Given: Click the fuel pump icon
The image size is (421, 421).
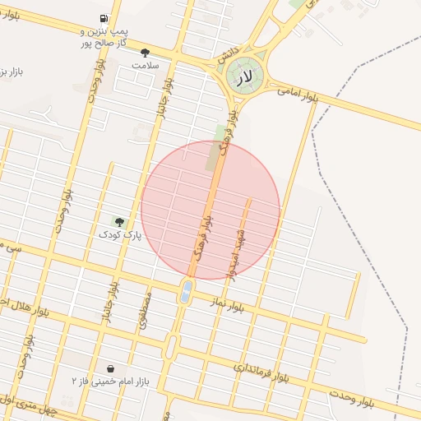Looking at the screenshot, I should (103, 18).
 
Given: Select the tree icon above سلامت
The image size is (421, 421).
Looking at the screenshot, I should (145, 53).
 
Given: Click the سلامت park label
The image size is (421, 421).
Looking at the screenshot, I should (145, 64).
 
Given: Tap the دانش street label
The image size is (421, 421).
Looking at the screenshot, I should (228, 50).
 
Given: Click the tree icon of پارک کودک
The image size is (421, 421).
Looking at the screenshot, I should (118, 222).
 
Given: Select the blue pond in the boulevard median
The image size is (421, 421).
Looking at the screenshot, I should (186, 290).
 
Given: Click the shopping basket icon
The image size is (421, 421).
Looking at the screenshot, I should (110, 368).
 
